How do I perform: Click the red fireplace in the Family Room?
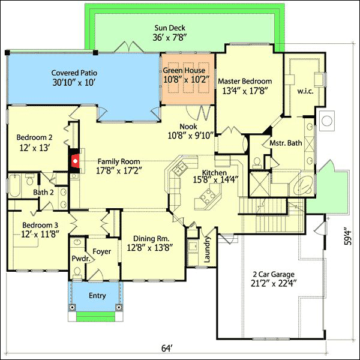[75, 161]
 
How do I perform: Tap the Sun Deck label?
[170, 28]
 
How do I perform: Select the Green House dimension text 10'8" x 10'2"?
[187, 79]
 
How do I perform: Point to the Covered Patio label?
[74, 73]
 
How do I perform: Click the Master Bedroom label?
[245, 81]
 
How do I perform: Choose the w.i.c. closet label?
[305, 91]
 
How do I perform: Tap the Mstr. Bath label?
[286, 143]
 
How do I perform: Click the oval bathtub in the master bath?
[303, 184]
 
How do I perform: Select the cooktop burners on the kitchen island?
[208, 196]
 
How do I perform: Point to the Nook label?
[188, 126]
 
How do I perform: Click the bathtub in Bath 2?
[14, 185]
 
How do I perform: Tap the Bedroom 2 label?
[34, 137]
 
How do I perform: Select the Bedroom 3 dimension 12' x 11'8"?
[40, 235]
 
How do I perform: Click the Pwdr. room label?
[80, 259]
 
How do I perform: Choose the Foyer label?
[102, 251]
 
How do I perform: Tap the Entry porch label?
[97, 296]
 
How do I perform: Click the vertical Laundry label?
[207, 249]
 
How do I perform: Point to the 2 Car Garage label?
[274, 274]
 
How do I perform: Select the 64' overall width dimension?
[167, 348]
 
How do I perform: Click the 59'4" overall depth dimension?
[349, 236]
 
